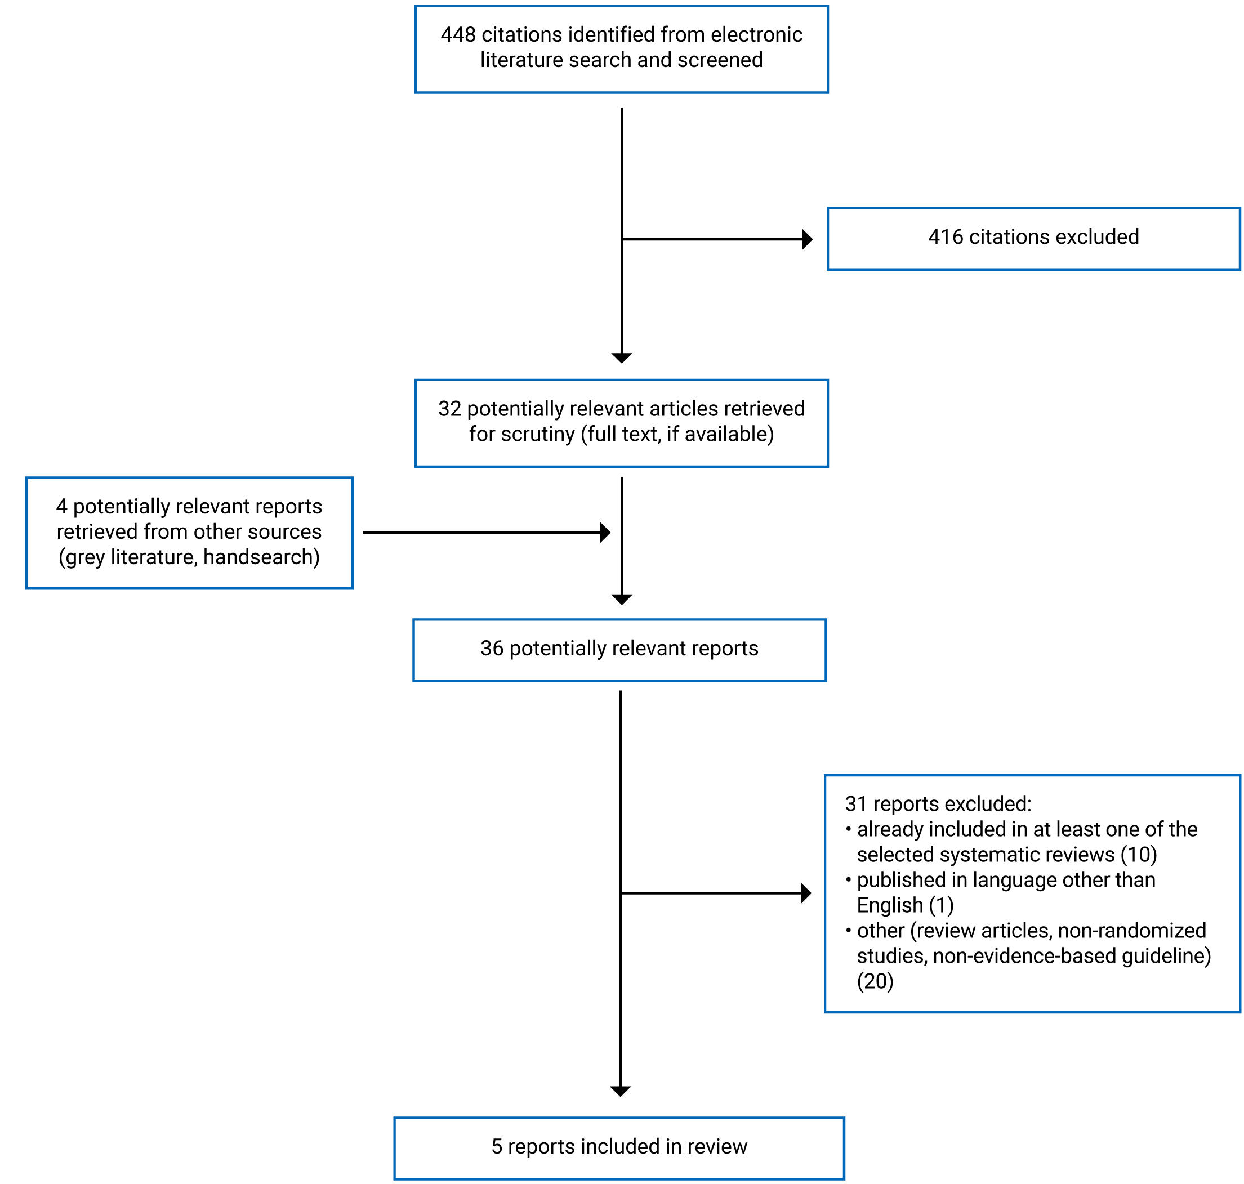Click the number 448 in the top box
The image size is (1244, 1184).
(x=458, y=35)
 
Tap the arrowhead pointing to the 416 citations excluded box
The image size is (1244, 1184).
(x=806, y=239)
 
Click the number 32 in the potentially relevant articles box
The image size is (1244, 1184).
(x=449, y=409)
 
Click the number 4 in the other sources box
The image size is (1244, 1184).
(x=61, y=507)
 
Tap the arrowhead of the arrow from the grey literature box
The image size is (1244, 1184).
(x=605, y=533)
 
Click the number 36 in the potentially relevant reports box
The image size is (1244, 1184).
(x=492, y=649)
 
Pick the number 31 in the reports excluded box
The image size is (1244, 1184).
(x=855, y=804)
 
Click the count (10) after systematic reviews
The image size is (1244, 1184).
(x=1139, y=855)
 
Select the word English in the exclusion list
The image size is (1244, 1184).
(x=890, y=906)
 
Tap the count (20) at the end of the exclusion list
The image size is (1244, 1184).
(x=875, y=981)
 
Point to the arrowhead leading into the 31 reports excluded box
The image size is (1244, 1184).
(x=805, y=893)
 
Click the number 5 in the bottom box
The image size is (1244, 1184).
(x=497, y=1147)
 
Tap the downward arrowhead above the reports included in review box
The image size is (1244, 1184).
(x=621, y=1091)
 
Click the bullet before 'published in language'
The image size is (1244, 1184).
(x=848, y=879)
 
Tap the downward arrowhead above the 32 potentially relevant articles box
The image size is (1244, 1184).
(x=622, y=358)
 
